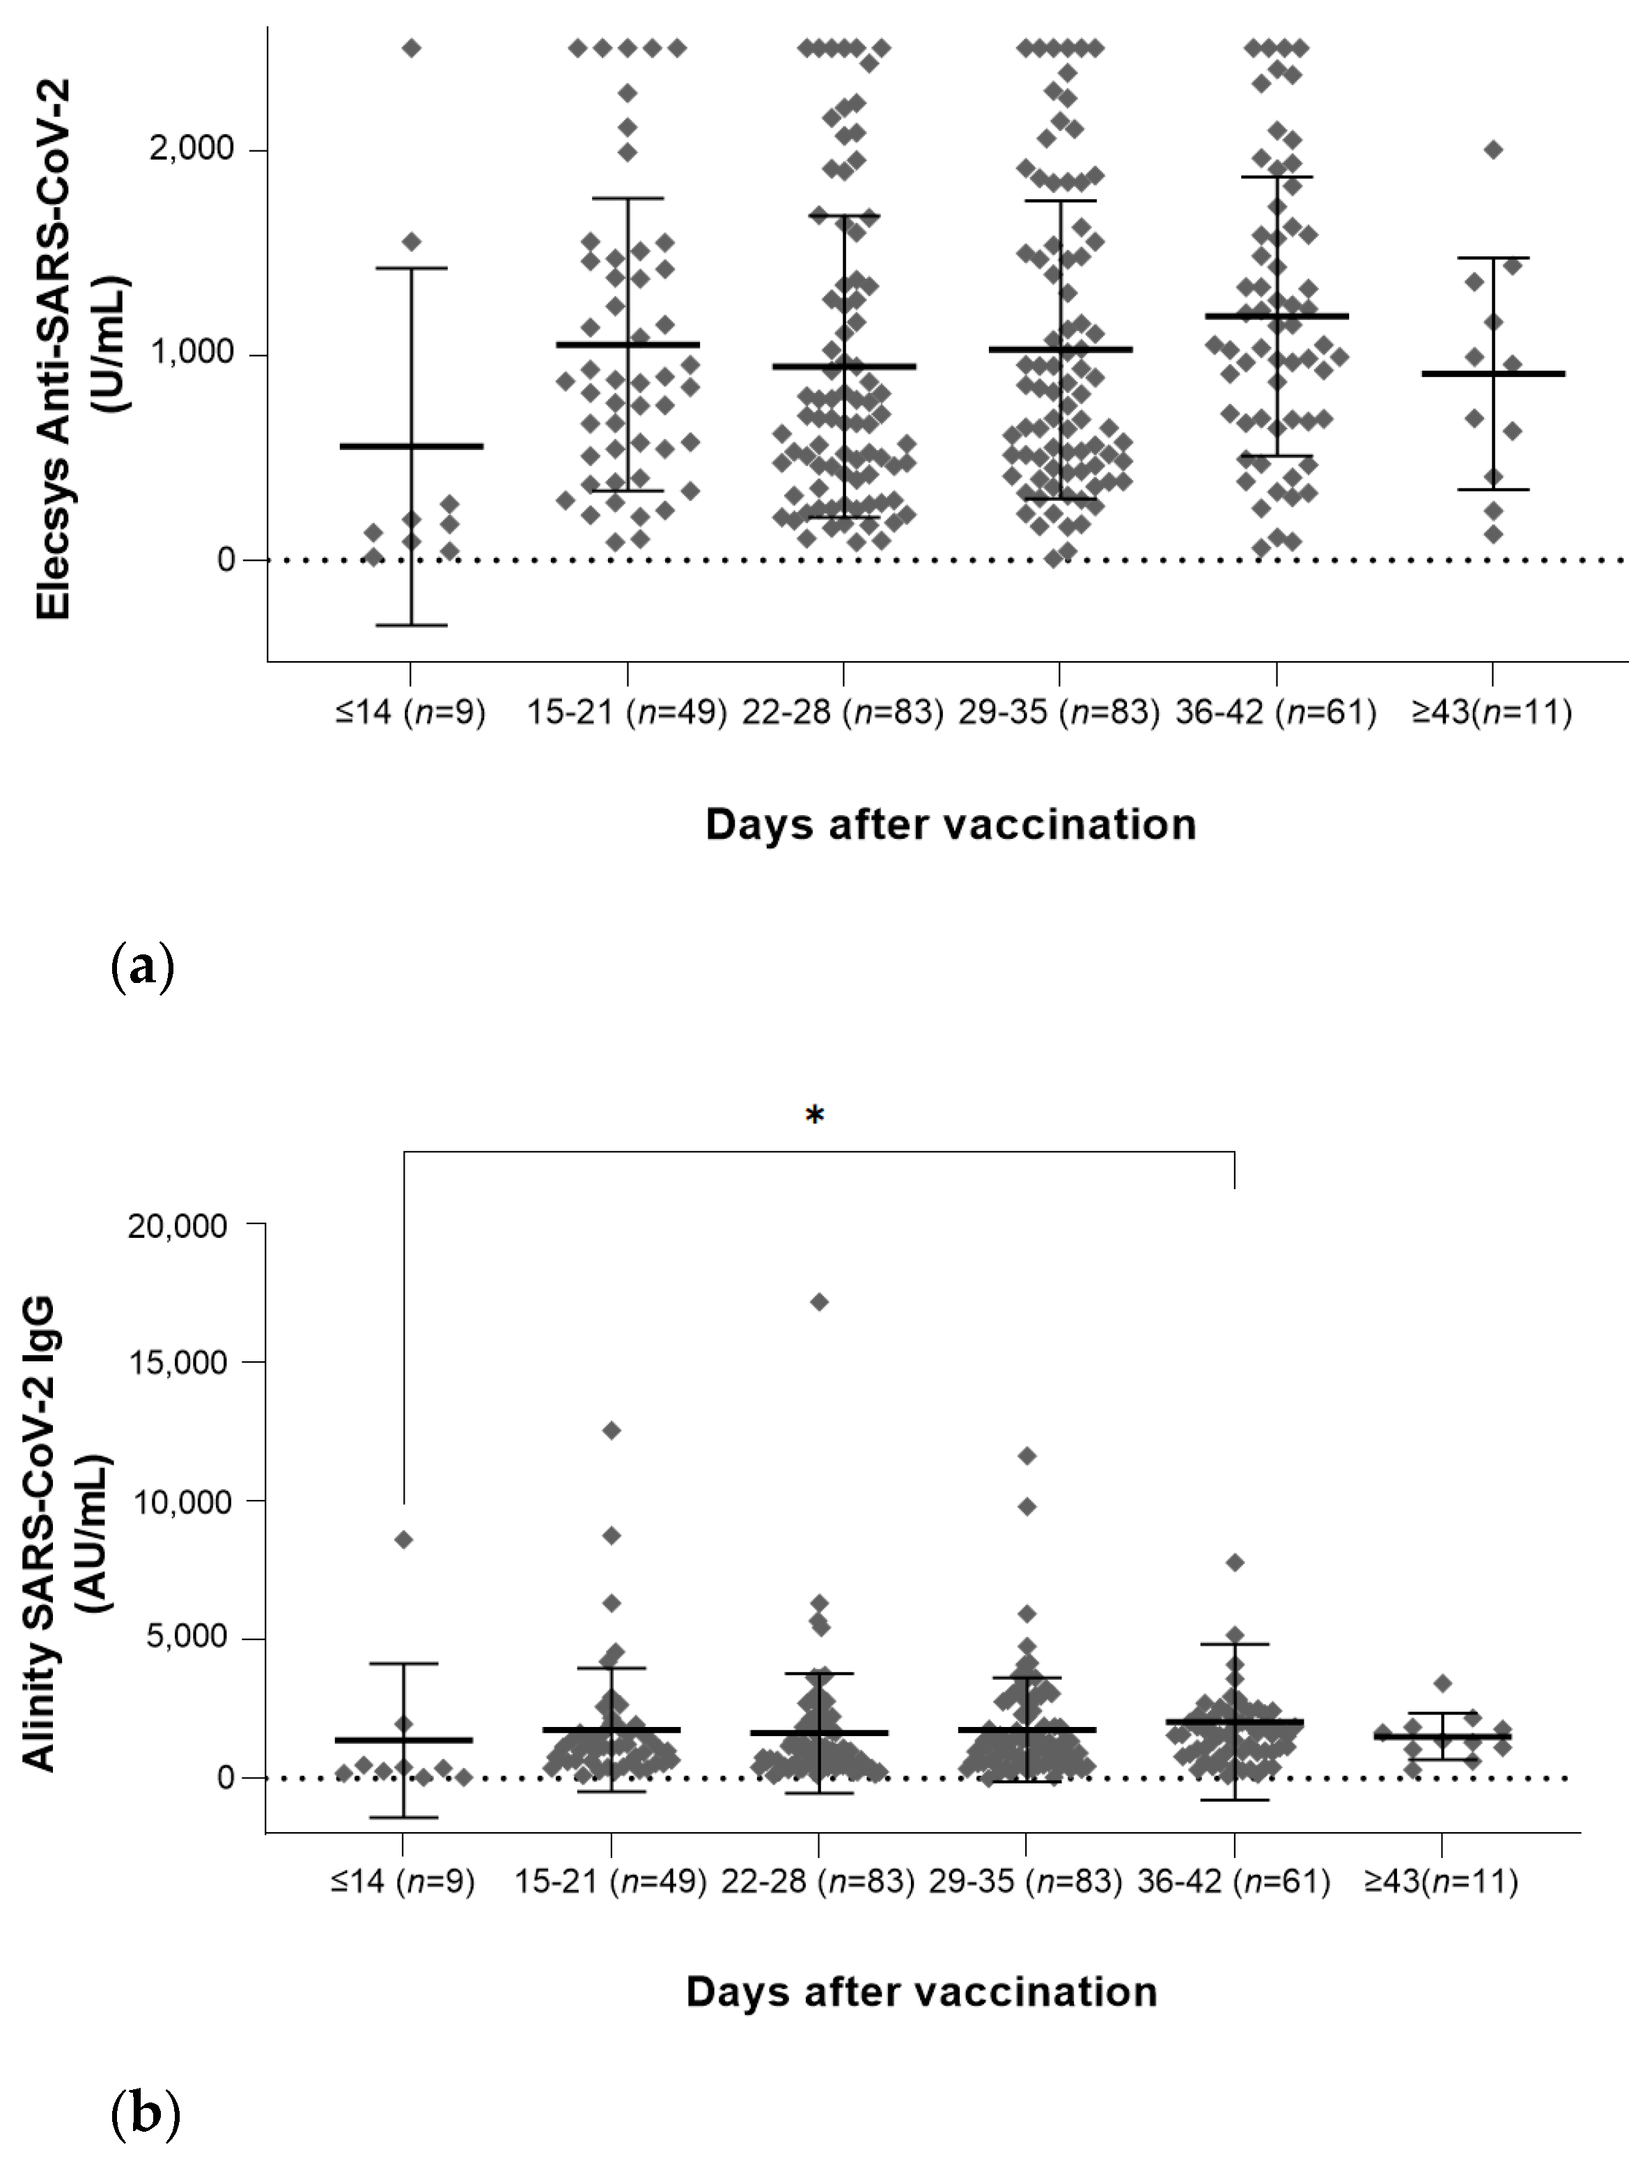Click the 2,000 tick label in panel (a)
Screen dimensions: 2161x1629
[192, 150]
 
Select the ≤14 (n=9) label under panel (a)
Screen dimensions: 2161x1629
[410, 712]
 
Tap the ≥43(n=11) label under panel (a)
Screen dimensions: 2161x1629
[1491, 712]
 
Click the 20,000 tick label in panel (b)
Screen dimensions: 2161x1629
[177, 1225]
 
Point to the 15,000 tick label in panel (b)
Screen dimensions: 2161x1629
[177, 1363]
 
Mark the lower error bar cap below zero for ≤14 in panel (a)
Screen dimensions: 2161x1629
[411, 624]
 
